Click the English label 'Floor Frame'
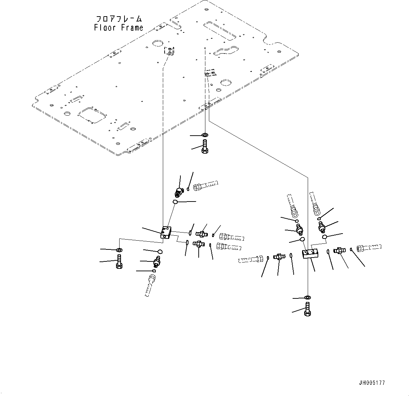point(119,27)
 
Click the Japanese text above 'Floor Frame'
point(119,19)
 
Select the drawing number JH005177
point(372,383)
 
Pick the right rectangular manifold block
point(310,253)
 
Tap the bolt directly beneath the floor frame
point(205,147)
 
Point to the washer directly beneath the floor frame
point(205,135)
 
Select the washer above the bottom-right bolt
point(307,298)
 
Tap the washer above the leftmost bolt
point(119,250)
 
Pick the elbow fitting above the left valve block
point(179,192)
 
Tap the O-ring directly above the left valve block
point(175,202)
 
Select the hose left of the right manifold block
point(250,260)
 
